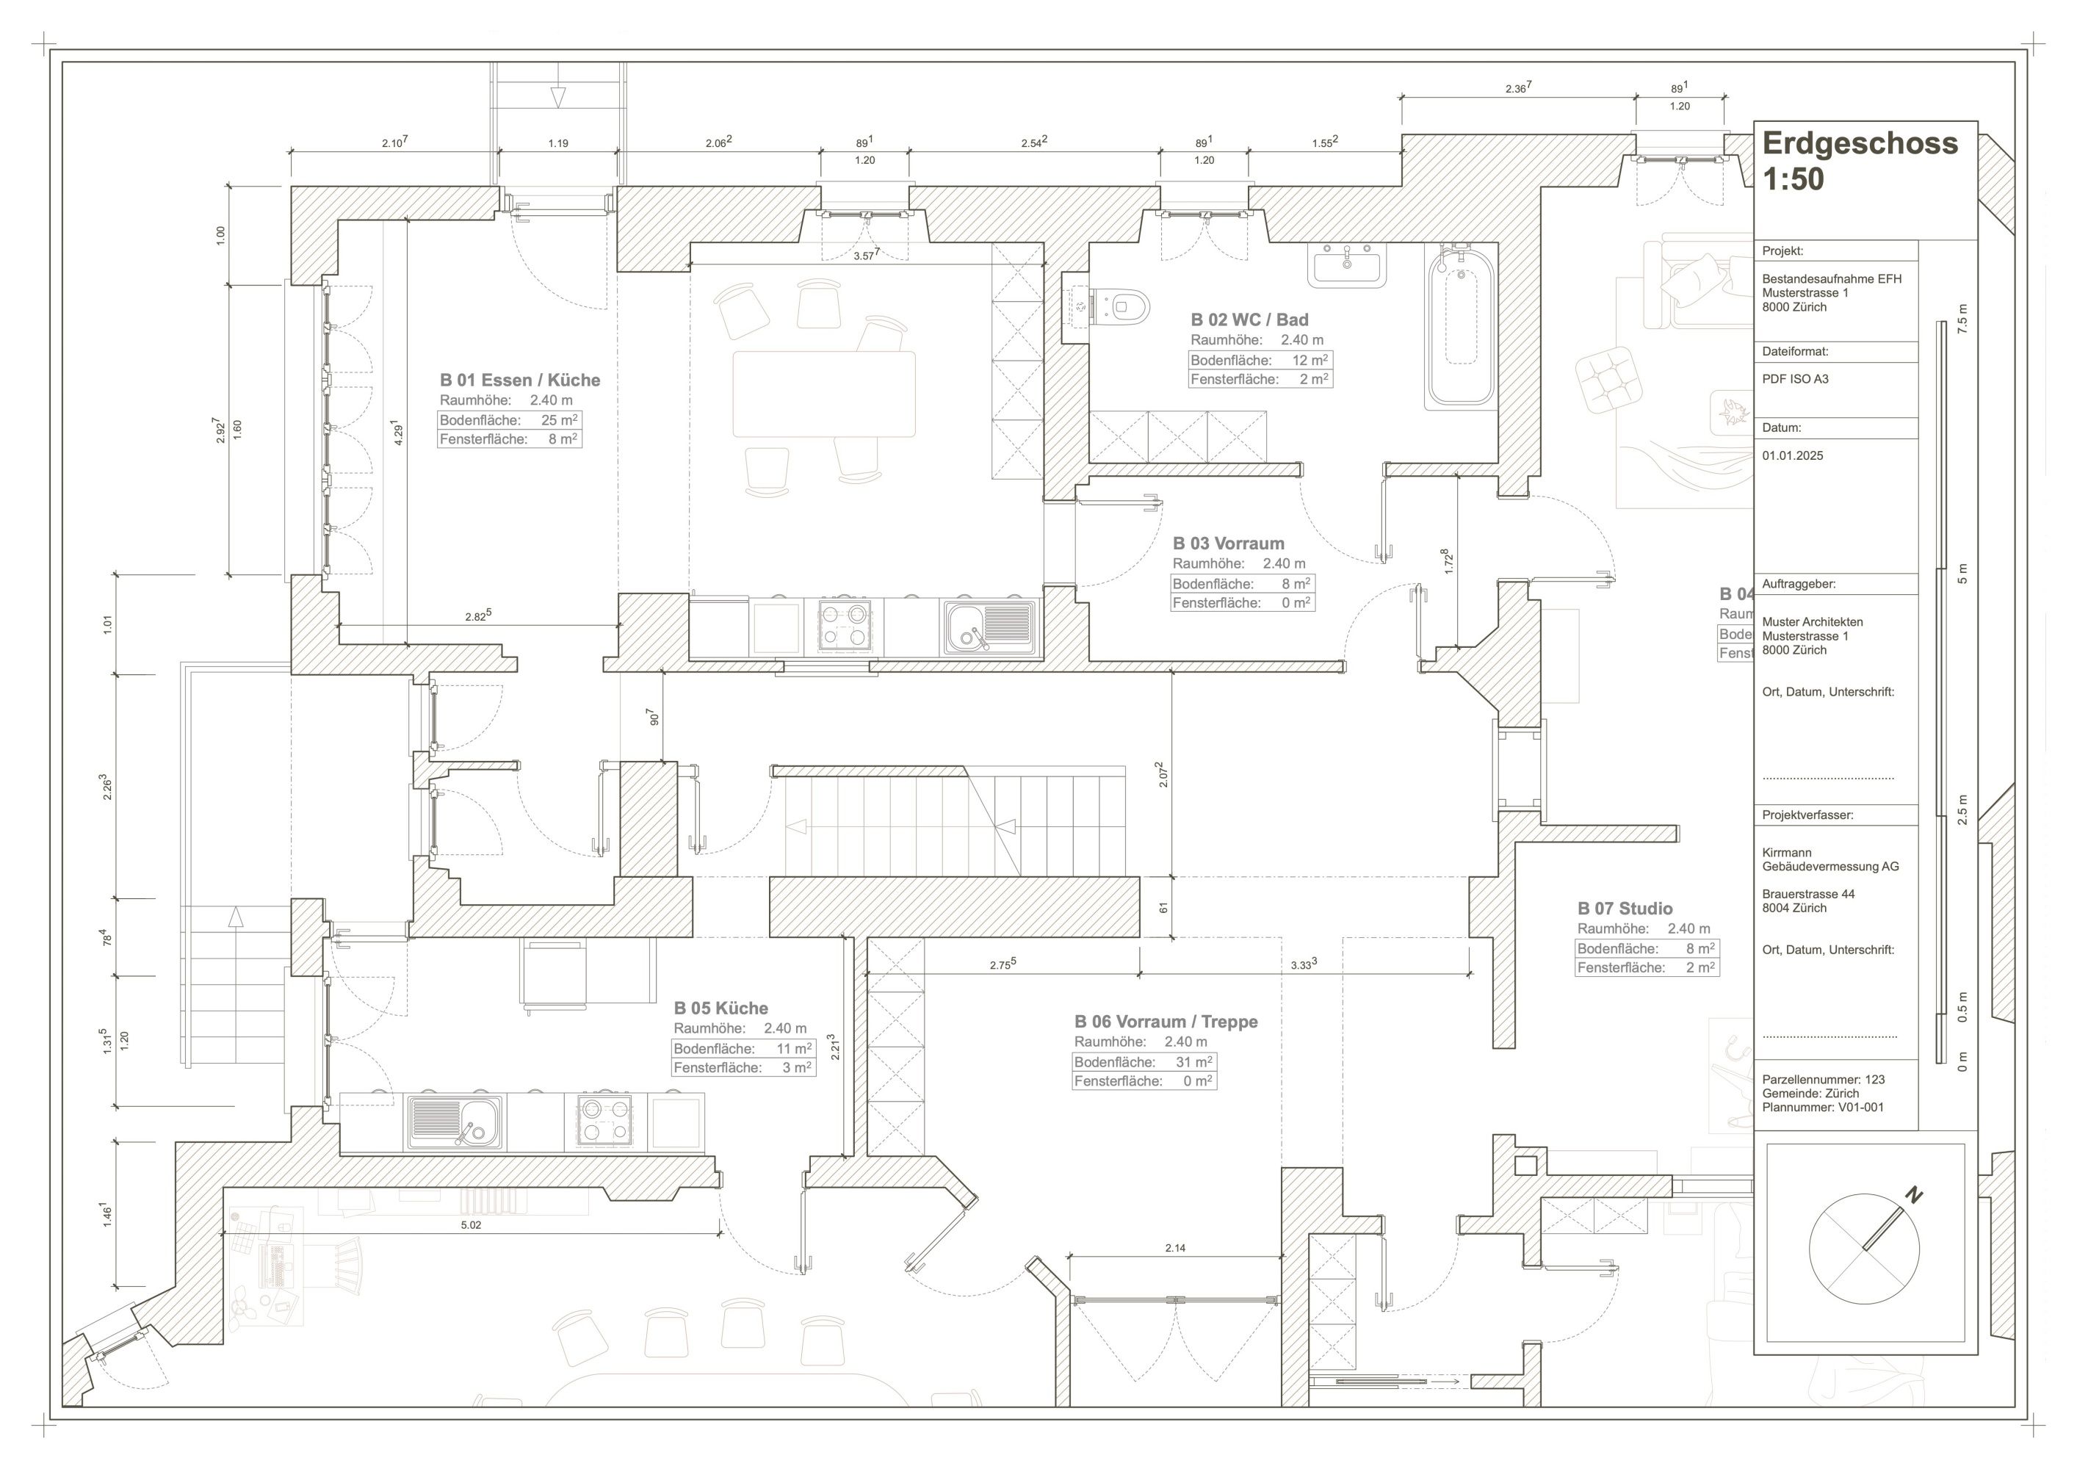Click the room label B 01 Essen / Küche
tap(520, 380)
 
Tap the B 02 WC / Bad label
tap(1249, 320)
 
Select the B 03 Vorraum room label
tap(1229, 544)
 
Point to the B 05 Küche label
tap(721, 1008)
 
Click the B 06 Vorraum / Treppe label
tap(1166, 1021)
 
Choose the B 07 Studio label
tap(1625, 908)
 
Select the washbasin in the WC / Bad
tap(1347, 265)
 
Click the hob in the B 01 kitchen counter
tap(844, 626)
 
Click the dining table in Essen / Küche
tap(824, 394)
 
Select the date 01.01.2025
tap(1793, 456)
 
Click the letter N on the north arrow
tap(1913, 1196)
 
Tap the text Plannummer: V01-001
tap(1823, 1107)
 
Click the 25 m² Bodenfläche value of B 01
tap(559, 419)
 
